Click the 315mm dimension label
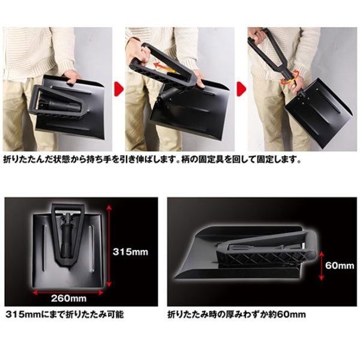click(x=130, y=252)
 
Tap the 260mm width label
click(x=68, y=298)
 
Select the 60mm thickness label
click(x=340, y=266)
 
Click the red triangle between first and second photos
click(x=119, y=89)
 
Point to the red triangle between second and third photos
click(x=241, y=89)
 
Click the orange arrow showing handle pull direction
click(x=164, y=68)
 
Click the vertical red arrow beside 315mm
click(x=109, y=246)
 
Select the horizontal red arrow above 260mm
click(x=68, y=292)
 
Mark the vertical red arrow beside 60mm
click(x=322, y=266)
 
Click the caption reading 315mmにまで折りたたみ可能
click(x=65, y=314)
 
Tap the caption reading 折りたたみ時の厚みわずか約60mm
click(x=237, y=314)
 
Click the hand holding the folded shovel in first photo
click(x=72, y=76)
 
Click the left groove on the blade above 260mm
click(x=44, y=247)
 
